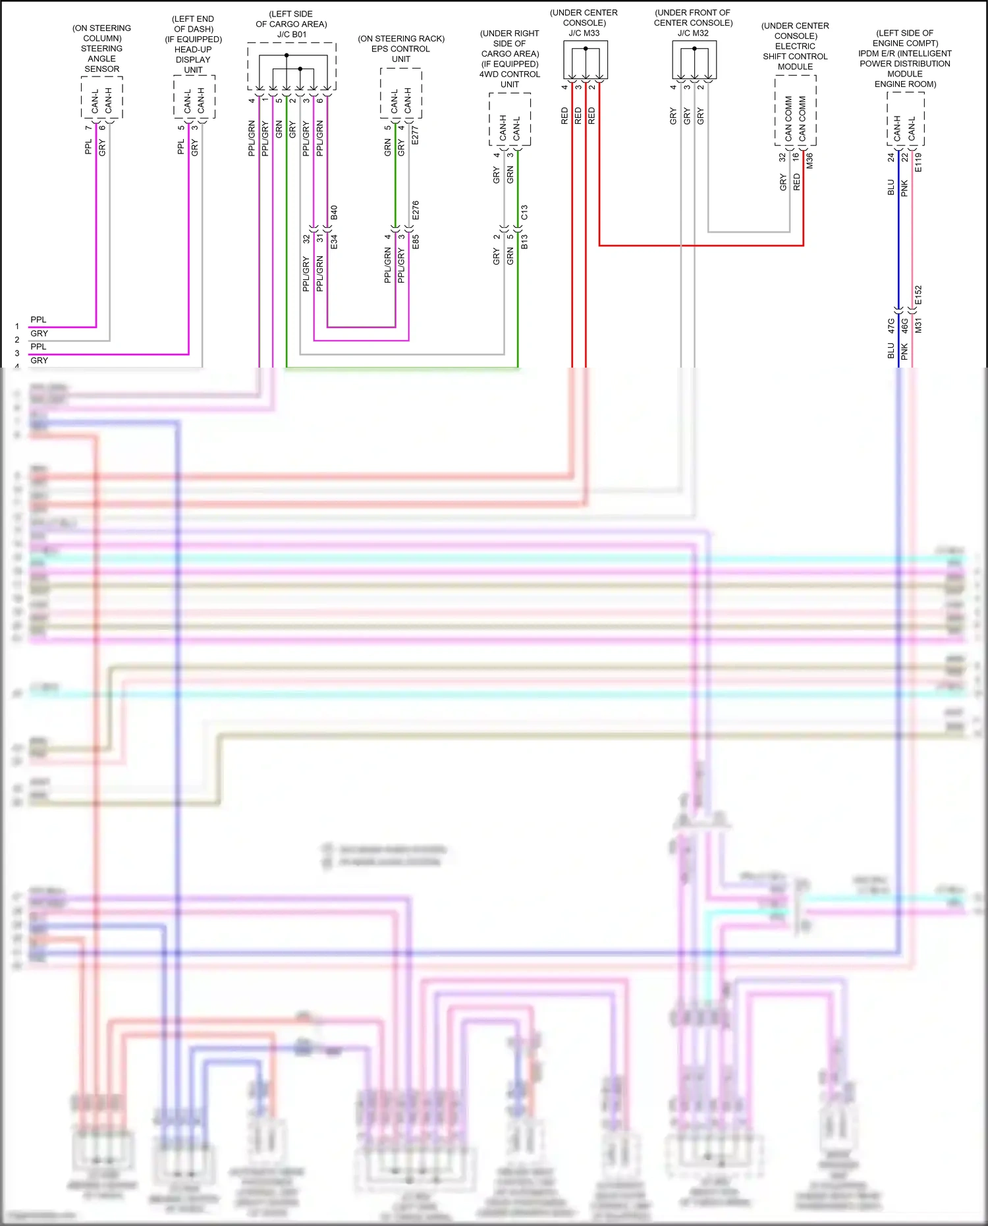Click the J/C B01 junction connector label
pyautogui.click(x=292, y=34)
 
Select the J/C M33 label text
pyautogui.click(x=584, y=33)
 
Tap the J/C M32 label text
pyautogui.click(x=693, y=33)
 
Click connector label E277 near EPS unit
pyautogui.click(x=415, y=135)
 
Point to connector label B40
pyautogui.click(x=334, y=212)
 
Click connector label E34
pyautogui.click(x=334, y=241)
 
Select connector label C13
pyautogui.click(x=524, y=212)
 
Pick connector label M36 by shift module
pyautogui.click(x=810, y=161)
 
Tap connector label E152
pyautogui.click(x=919, y=294)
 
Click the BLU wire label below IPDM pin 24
pyautogui.click(x=891, y=188)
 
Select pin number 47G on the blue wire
pyautogui.click(x=891, y=325)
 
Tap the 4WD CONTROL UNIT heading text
pyautogui.click(x=510, y=79)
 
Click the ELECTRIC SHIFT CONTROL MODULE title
pyautogui.click(x=795, y=56)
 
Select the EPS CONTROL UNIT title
pyautogui.click(x=400, y=53)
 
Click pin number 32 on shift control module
pyautogui.click(x=782, y=157)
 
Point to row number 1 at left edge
pyautogui.click(x=17, y=326)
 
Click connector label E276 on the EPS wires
pyautogui.click(x=415, y=210)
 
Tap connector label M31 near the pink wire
pyautogui.click(x=919, y=325)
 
